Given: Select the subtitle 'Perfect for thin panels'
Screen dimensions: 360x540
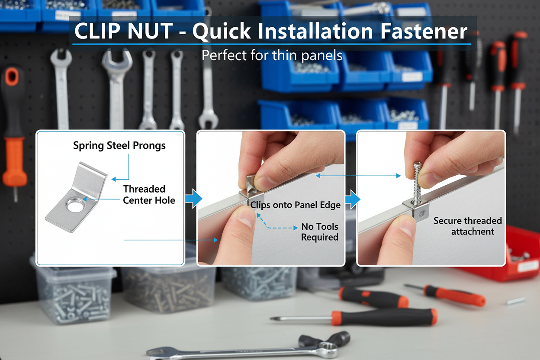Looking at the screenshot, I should click(272, 55).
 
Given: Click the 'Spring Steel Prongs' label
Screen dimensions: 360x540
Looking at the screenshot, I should click(119, 145).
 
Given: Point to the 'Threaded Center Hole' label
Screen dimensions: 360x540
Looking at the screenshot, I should click(148, 194).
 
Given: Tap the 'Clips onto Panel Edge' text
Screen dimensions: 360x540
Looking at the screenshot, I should click(296, 205).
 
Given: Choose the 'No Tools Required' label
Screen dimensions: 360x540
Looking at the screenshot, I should click(319, 232).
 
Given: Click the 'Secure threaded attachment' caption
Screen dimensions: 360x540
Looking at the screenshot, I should click(468, 226).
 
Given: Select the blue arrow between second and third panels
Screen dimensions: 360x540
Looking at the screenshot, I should click(353, 199).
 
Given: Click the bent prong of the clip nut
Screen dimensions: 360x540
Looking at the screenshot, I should click(91, 177).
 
